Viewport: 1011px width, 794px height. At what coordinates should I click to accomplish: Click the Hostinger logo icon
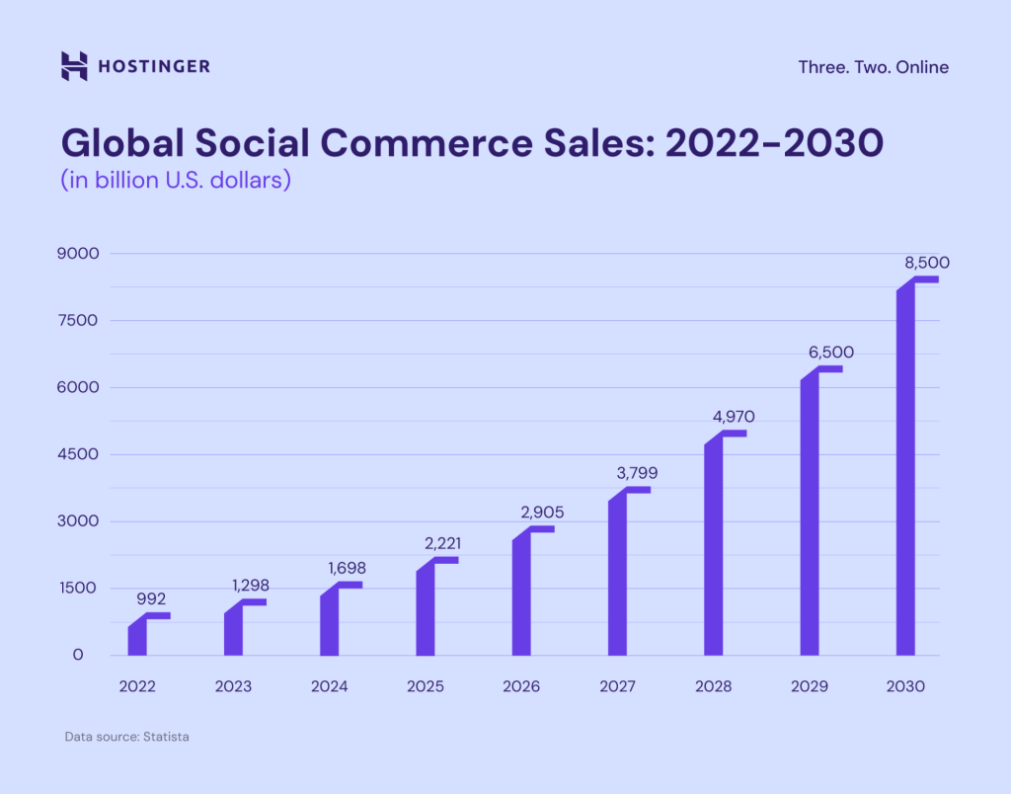click(74, 66)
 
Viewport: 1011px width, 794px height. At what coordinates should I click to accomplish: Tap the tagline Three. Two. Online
click(873, 67)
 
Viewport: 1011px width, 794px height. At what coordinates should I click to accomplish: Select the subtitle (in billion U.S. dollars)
click(176, 182)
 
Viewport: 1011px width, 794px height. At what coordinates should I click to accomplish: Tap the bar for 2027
click(617, 573)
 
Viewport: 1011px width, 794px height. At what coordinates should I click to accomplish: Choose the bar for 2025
click(426, 609)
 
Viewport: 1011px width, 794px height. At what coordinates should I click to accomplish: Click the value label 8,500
click(927, 263)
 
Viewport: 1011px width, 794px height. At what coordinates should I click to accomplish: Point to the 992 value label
click(151, 598)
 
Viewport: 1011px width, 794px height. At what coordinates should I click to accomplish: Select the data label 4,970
click(735, 416)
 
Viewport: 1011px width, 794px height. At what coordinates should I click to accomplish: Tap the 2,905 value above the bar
click(542, 512)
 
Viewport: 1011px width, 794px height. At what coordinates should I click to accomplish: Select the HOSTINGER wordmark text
click(154, 67)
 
